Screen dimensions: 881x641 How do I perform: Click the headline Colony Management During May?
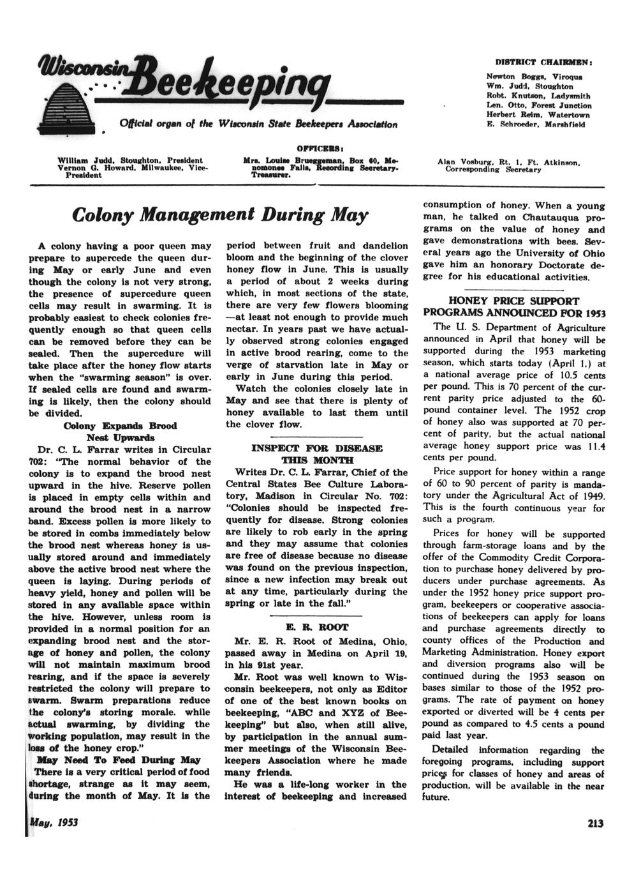[x=221, y=214]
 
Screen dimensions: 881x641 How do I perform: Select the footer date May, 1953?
[x=54, y=822]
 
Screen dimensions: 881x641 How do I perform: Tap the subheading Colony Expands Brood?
[x=120, y=425]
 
